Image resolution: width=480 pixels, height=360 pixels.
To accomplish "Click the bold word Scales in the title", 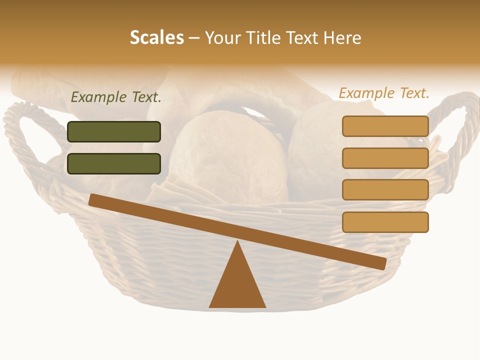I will point(156,37).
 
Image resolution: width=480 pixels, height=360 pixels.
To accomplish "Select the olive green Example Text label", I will point(116,97).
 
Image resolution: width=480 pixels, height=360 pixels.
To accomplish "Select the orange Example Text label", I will point(384,93).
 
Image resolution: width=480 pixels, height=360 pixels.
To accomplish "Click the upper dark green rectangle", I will point(114,131).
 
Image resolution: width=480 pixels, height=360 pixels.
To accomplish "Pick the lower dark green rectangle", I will point(114,163).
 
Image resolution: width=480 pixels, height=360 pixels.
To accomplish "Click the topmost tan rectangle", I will point(385,126).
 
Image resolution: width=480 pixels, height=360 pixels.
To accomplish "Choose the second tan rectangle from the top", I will point(385,158).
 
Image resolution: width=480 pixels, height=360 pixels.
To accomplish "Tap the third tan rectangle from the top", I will point(385,190).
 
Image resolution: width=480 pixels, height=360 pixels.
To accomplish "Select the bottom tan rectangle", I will point(385,222).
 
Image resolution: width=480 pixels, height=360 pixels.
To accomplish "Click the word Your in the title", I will point(223,37).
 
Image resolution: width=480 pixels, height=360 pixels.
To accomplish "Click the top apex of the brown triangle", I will point(237,242).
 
